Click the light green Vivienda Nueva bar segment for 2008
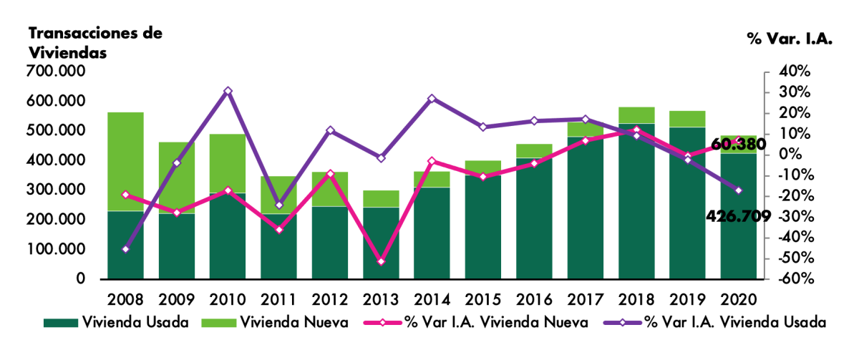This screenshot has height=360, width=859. pos(126,161)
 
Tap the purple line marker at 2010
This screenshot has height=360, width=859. pos(228,91)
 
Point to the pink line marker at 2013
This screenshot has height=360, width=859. pos(381,262)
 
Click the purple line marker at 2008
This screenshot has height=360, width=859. pos(126,249)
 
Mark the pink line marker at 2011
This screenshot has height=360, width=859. pos(279,230)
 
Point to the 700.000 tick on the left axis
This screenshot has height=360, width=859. pos(57,71)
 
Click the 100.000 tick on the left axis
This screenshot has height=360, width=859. pos(57,250)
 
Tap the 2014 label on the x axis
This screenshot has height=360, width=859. pos(432,298)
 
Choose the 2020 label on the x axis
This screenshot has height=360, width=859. pos(738,298)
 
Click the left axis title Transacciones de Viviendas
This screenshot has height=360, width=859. pos(95,43)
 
